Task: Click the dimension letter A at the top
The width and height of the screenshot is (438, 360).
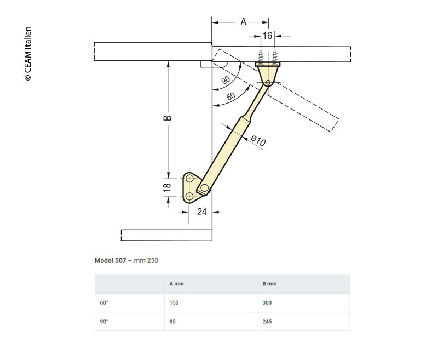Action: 244,22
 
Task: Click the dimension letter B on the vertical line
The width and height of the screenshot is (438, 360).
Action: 168,118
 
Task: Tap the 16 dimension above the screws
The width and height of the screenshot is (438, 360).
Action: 267,36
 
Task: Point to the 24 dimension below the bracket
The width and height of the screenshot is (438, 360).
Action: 201,212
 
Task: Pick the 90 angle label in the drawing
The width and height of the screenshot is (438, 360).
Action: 226,80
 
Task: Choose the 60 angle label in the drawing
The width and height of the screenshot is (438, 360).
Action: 231,96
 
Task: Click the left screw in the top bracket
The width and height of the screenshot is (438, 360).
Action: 261,56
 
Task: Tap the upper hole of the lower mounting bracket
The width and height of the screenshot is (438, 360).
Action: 189,179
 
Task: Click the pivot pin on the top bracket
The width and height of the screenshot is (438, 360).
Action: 268,82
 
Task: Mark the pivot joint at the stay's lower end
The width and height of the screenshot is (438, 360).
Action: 204,188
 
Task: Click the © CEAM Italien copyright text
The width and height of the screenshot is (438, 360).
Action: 28,54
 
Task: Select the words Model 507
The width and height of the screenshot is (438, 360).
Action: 110,260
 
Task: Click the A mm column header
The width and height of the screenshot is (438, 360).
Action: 177,284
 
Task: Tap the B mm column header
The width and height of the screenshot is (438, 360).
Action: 269,284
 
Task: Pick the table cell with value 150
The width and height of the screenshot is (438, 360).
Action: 175,302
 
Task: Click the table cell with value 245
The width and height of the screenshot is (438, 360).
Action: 267,322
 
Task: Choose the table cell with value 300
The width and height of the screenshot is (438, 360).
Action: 267,302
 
